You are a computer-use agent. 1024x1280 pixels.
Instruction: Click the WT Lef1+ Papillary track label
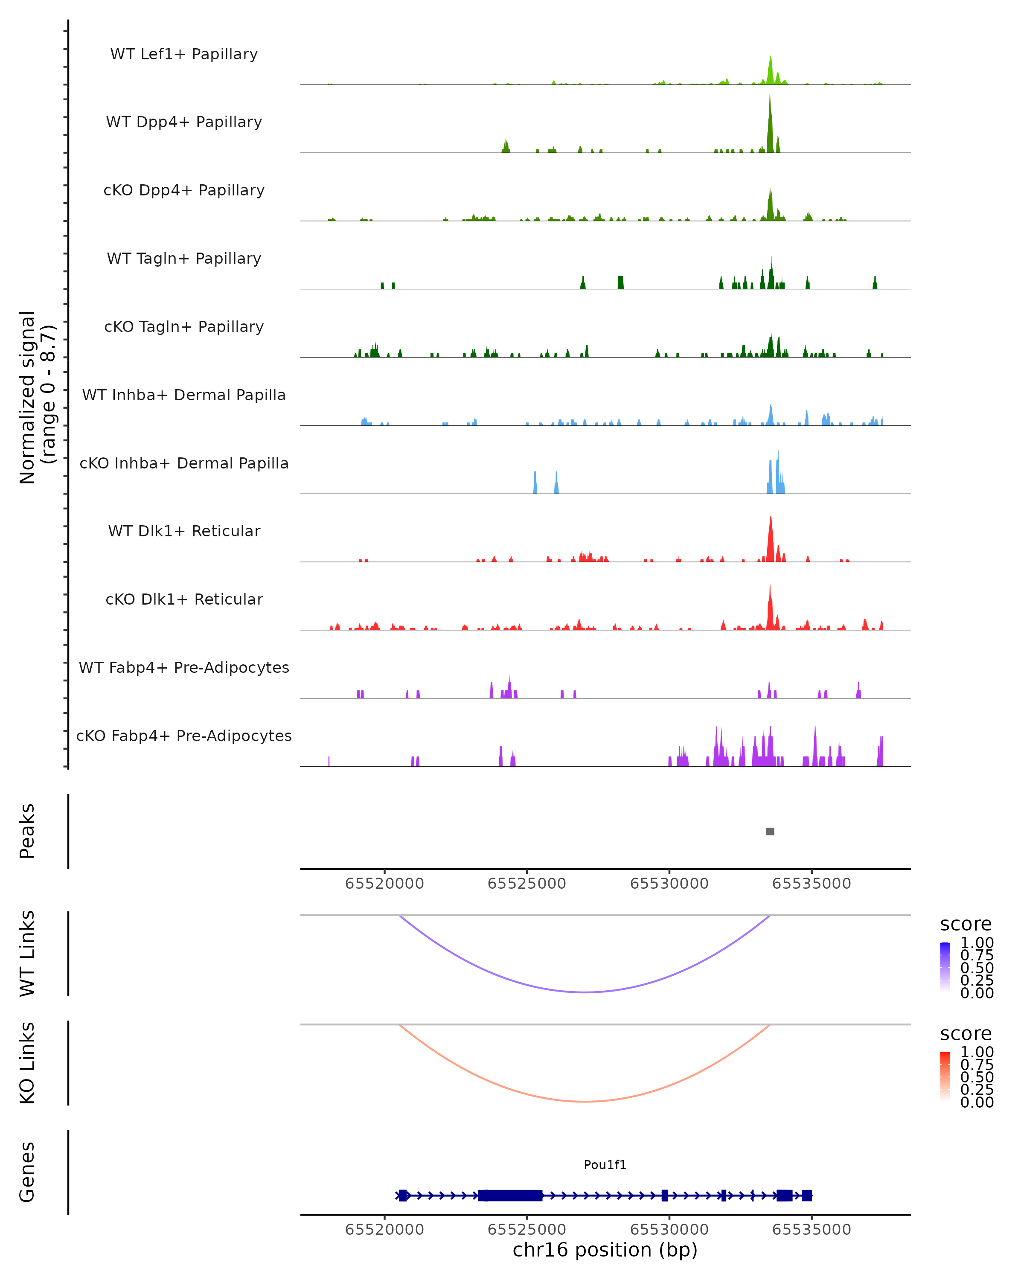[184, 54]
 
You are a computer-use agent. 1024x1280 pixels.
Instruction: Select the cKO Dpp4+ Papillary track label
[184, 190]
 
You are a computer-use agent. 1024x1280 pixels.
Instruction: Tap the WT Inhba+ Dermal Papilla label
[184, 395]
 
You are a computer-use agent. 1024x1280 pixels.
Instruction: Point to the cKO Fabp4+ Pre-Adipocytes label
[184, 736]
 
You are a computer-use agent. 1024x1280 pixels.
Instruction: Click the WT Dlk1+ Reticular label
[184, 531]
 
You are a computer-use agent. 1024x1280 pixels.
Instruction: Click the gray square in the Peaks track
[770, 832]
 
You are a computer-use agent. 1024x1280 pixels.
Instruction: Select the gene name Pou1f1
[605, 1165]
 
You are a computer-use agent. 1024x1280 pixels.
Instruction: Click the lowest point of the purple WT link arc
[585, 992]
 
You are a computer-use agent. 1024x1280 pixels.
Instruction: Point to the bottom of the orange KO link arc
[585, 1101]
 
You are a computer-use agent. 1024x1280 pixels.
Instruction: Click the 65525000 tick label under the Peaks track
[527, 884]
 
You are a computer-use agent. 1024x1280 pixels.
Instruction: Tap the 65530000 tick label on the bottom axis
[669, 1229]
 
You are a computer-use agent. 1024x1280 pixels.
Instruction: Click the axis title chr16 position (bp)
[605, 1250]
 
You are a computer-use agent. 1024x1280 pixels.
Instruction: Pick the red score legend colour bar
[945, 1076]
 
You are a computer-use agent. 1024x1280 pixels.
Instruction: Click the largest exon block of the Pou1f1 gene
[511, 1195]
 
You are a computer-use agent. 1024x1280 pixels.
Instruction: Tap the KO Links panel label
[27, 1063]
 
